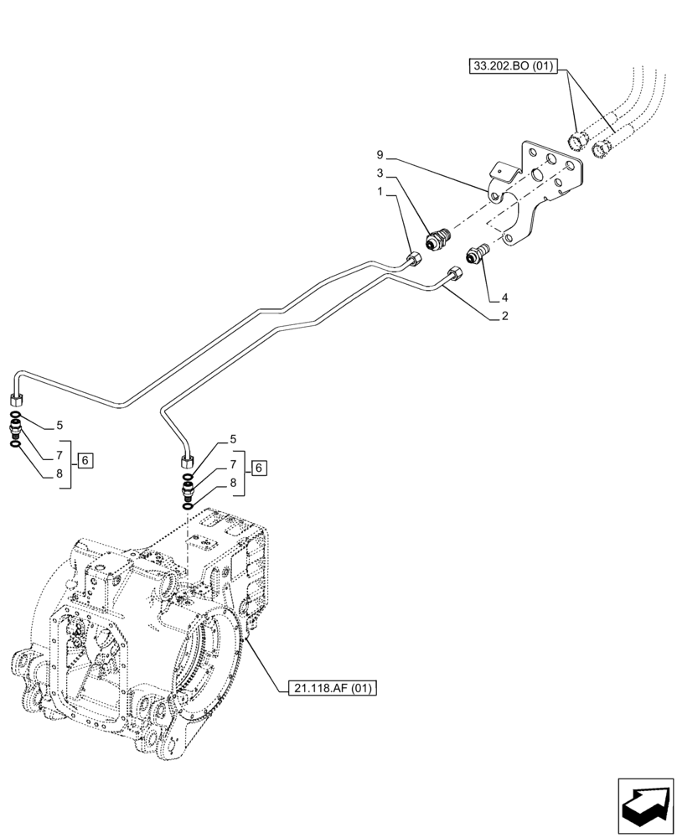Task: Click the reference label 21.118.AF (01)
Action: [x=332, y=689]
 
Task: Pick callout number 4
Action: [x=504, y=297]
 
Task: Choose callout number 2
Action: [x=504, y=316]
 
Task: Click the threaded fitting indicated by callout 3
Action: [x=436, y=241]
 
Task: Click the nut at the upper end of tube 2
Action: [x=453, y=275]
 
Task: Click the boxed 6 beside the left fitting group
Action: [x=87, y=460]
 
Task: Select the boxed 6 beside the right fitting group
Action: [x=260, y=468]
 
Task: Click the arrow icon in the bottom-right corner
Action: [x=645, y=805]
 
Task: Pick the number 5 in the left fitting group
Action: [x=58, y=425]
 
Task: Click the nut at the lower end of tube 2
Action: [x=186, y=459]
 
